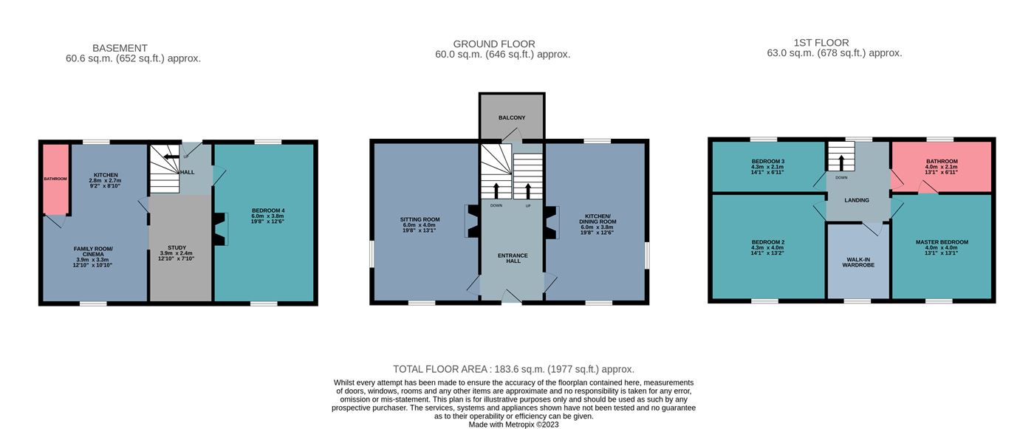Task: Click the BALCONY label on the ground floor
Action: [x=511, y=117]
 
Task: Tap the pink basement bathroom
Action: [x=56, y=179]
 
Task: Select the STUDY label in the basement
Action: [x=177, y=247]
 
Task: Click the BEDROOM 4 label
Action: [x=268, y=210]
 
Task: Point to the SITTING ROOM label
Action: [x=420, y=219]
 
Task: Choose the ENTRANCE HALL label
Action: [x=513, y=258]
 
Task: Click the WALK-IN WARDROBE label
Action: [x=858, y=262]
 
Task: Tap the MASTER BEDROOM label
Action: [x=942, y=242]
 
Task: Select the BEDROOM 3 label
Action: [x=767, y=162]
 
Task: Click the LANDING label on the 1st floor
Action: [x=857, y=200]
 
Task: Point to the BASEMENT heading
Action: [x=120, y=48]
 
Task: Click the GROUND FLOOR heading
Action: [x=494, y=44]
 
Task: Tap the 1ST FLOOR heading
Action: [x=821, y=42]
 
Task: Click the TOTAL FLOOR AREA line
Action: [x=513, y=369]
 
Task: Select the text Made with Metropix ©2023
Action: [x=513, y=425]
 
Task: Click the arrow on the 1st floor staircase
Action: [x=841, y=163]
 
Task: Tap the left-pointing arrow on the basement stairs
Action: [x=171, y=157]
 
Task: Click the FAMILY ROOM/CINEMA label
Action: [x=93, y=251]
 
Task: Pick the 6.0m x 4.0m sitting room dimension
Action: [x=420, y=225]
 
